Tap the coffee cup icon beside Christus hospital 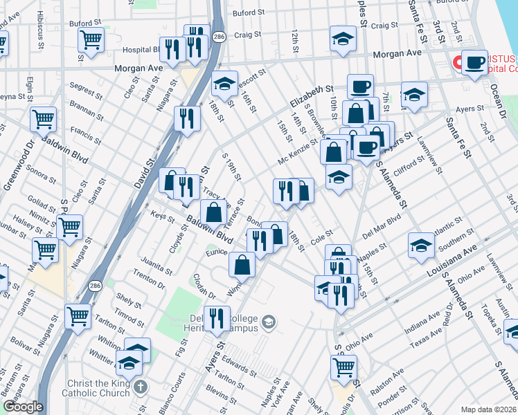(x=474, y=63)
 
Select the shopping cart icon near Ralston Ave (x=343, y=366)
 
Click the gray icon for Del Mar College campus (x=269, y=322)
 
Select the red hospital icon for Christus (x=458, y=62)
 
